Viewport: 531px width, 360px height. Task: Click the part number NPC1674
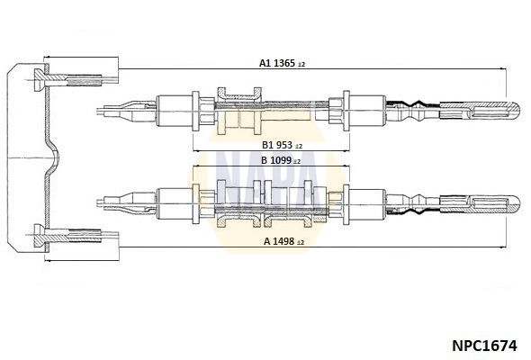click(x=484, y=346)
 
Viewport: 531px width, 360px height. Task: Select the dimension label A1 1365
click(x=277, y=63)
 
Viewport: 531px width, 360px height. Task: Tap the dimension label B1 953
click(x=277, y=145)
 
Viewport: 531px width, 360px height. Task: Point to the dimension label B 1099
click(x=276, y=160)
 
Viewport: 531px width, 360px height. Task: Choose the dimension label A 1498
click(x=279, y=241)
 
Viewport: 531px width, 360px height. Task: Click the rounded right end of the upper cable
click(x=516, y=110)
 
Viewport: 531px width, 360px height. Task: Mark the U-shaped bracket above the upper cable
click(x=239, y=94)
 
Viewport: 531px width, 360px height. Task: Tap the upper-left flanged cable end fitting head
click(x=40, y=80)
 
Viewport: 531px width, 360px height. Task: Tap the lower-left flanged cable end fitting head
click(x=40, y=236)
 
